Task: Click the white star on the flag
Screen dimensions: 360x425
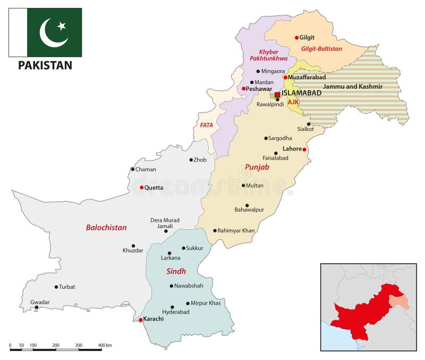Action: pyautogui.click(x=62, y=26)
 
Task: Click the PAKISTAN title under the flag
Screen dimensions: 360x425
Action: pyautogui.click(x=45, y=66)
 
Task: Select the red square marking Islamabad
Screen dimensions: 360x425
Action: pyautogui.click(x=277, y=95)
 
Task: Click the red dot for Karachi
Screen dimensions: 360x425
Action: pyautogui.click(x=140, y=320)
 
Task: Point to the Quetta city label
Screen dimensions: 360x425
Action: pyautogui.click(x=154, y=188)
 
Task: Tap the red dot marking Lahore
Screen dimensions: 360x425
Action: pyautogui.click(x=304, y=149)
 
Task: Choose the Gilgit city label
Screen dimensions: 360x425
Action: pyautogui.click(x=307, y=38)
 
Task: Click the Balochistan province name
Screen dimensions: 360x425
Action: pyautogui.click(x=106, y=228)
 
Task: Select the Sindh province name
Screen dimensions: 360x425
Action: pyautogui.click(x=176, y=271)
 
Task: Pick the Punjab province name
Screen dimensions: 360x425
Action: pyautogui.click(x=257, y=167)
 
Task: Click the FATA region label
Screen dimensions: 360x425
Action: pyautogui.click(x=207, y=125)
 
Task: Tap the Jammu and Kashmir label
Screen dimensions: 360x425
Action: pyautogui.click(x=353, y=86)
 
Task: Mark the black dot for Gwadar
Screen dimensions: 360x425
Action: pyautogui.click(x=36, y=307)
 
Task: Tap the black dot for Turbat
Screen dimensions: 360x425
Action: pyautogui.click(x=56, y=287)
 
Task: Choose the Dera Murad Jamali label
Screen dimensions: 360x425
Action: pyautogui.click(x=165, y=223)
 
